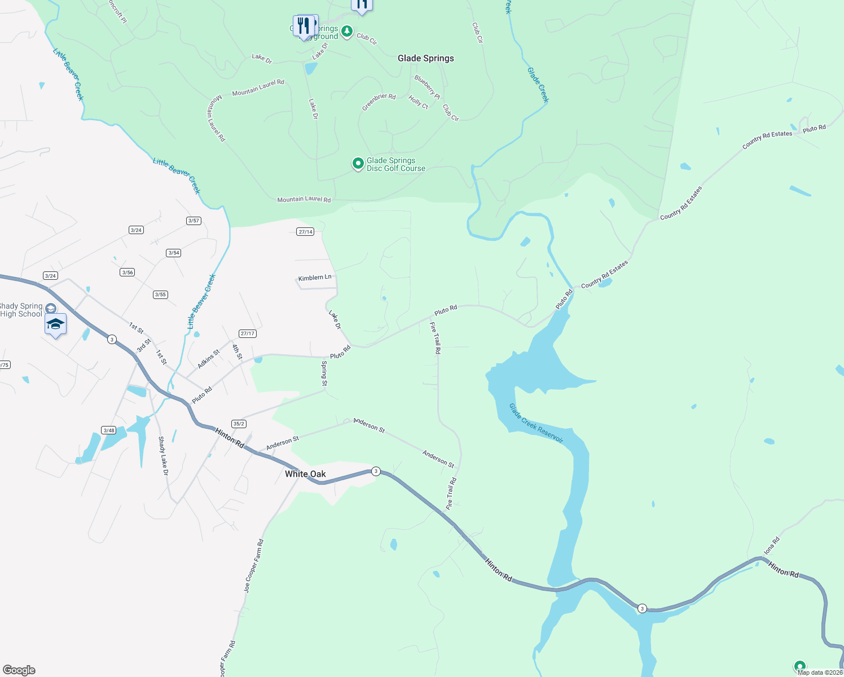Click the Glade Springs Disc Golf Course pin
point(358,164)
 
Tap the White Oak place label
point(305,474)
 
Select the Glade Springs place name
point(425,58)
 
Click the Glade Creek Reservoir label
point(536,423)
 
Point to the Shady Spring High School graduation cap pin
point(55,324)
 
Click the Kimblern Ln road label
point(315,278)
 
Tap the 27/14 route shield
point(305,232)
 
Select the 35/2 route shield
point(239,424)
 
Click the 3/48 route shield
point(108,430)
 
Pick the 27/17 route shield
point(248,333)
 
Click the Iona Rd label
point(771,546)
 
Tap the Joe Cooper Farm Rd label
point(253,565)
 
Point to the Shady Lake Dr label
point(163,456)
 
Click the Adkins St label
point(208,359)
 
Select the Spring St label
point(324,373)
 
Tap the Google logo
point(19,670)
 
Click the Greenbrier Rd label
point(379,102)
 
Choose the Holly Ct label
point(418,102)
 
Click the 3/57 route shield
point(194,221)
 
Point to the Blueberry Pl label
point(427,87)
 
